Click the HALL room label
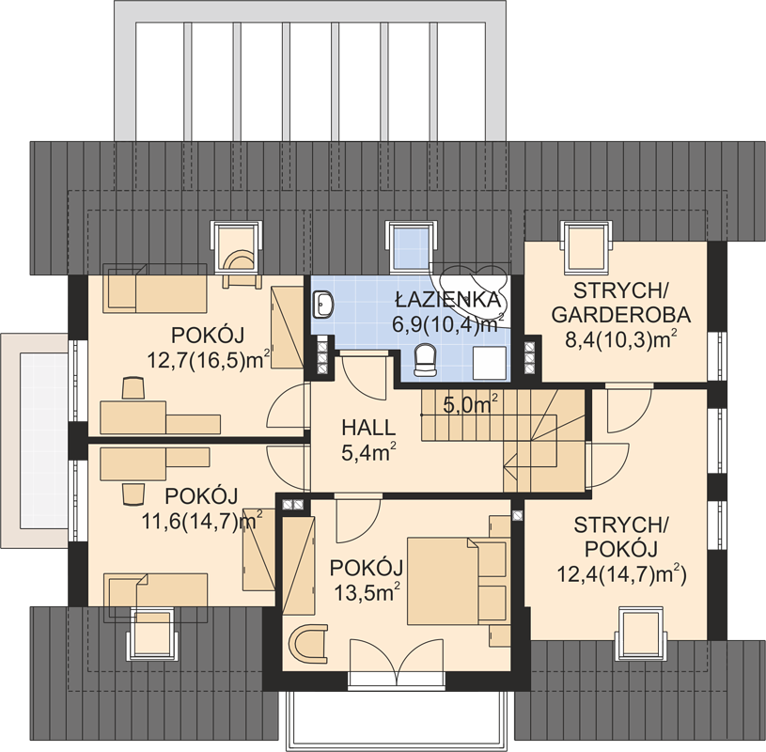tap(368, 428)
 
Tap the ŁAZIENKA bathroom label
tap(448, 299)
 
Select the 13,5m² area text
tap(367, 593)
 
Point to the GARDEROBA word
tap(621, 315)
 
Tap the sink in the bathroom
tap(322, 304)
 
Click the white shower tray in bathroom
tap(490, 363)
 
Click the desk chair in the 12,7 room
tap(133, 388)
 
